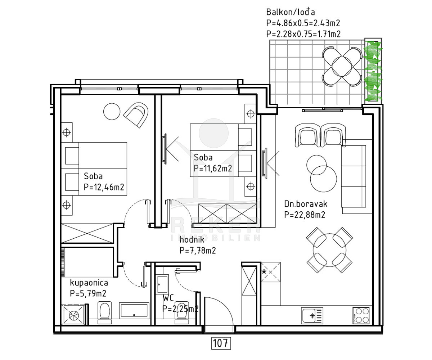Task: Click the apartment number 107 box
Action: (x=221, y=343)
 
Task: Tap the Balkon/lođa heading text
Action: (x=291, y=12)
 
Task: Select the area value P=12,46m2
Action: (x=104, y=187)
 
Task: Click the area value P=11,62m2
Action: (x=213, y=168)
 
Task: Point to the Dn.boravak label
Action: (x=306, y=204)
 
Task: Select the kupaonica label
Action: (x=89, y=283)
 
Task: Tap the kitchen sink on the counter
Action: (x=312, y=315)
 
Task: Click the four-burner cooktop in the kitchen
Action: (x=361, y=315)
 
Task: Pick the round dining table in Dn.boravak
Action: (x=329, y=250)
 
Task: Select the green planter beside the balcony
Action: (x=373, y=71)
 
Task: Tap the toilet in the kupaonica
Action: (x=104, y=312)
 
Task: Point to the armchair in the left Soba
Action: (x=136, y=114)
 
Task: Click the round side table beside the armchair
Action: (x=112, y=112)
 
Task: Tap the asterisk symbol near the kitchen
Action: (x=264, y=272)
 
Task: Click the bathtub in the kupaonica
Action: (x=134, y=311)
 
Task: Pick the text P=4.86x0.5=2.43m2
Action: (x=303, y=23)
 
